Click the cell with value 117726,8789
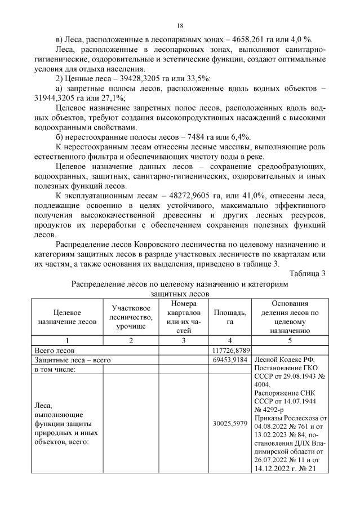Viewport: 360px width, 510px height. [229, 350]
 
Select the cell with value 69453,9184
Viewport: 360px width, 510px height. [229, 360]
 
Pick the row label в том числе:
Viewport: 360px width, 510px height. [57, 369]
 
